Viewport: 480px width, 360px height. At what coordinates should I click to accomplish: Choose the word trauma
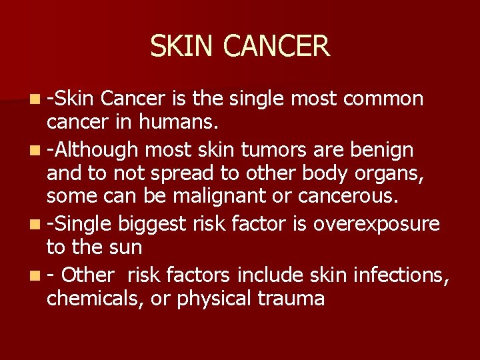[x=293, y=298]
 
